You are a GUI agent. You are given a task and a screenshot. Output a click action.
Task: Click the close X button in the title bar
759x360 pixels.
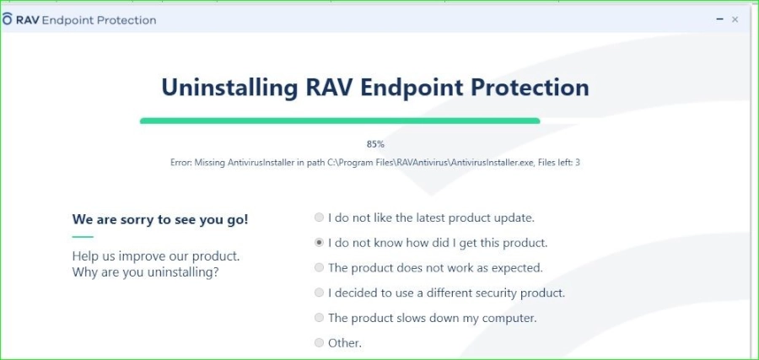point(735,19)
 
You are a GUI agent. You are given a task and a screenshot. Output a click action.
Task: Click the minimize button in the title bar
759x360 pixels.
point(720,19)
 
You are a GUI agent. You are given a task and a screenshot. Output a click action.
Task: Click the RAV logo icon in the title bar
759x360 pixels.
point(7,19)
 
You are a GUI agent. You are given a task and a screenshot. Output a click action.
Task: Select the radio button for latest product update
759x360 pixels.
point(319,218)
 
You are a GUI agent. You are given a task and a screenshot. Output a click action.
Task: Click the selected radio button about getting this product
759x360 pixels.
point(319,243)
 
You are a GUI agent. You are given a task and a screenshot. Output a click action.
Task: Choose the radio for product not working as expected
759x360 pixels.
point(319,267)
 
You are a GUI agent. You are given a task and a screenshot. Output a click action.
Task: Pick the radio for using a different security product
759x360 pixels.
point(319,293)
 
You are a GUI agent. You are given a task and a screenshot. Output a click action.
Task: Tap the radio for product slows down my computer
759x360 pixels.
point(319,318)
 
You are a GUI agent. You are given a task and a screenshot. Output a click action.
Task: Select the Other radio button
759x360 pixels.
point(319,343)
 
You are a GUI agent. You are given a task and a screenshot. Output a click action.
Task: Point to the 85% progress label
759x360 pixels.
point(375,143)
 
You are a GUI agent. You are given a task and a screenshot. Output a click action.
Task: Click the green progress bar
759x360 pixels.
point(340,121)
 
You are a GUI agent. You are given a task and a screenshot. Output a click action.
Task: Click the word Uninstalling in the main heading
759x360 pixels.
point(229,88)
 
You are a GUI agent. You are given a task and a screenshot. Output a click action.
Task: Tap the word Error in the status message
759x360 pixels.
point(181,163)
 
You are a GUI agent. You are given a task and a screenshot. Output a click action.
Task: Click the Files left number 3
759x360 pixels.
point(578,163)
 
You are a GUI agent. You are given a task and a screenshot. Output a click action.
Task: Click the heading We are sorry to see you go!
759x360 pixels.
point(160,220)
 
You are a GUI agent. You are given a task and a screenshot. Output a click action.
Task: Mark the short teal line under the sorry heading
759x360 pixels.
point(83,237)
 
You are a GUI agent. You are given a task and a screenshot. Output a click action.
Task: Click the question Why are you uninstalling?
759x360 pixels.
point(145,272)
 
